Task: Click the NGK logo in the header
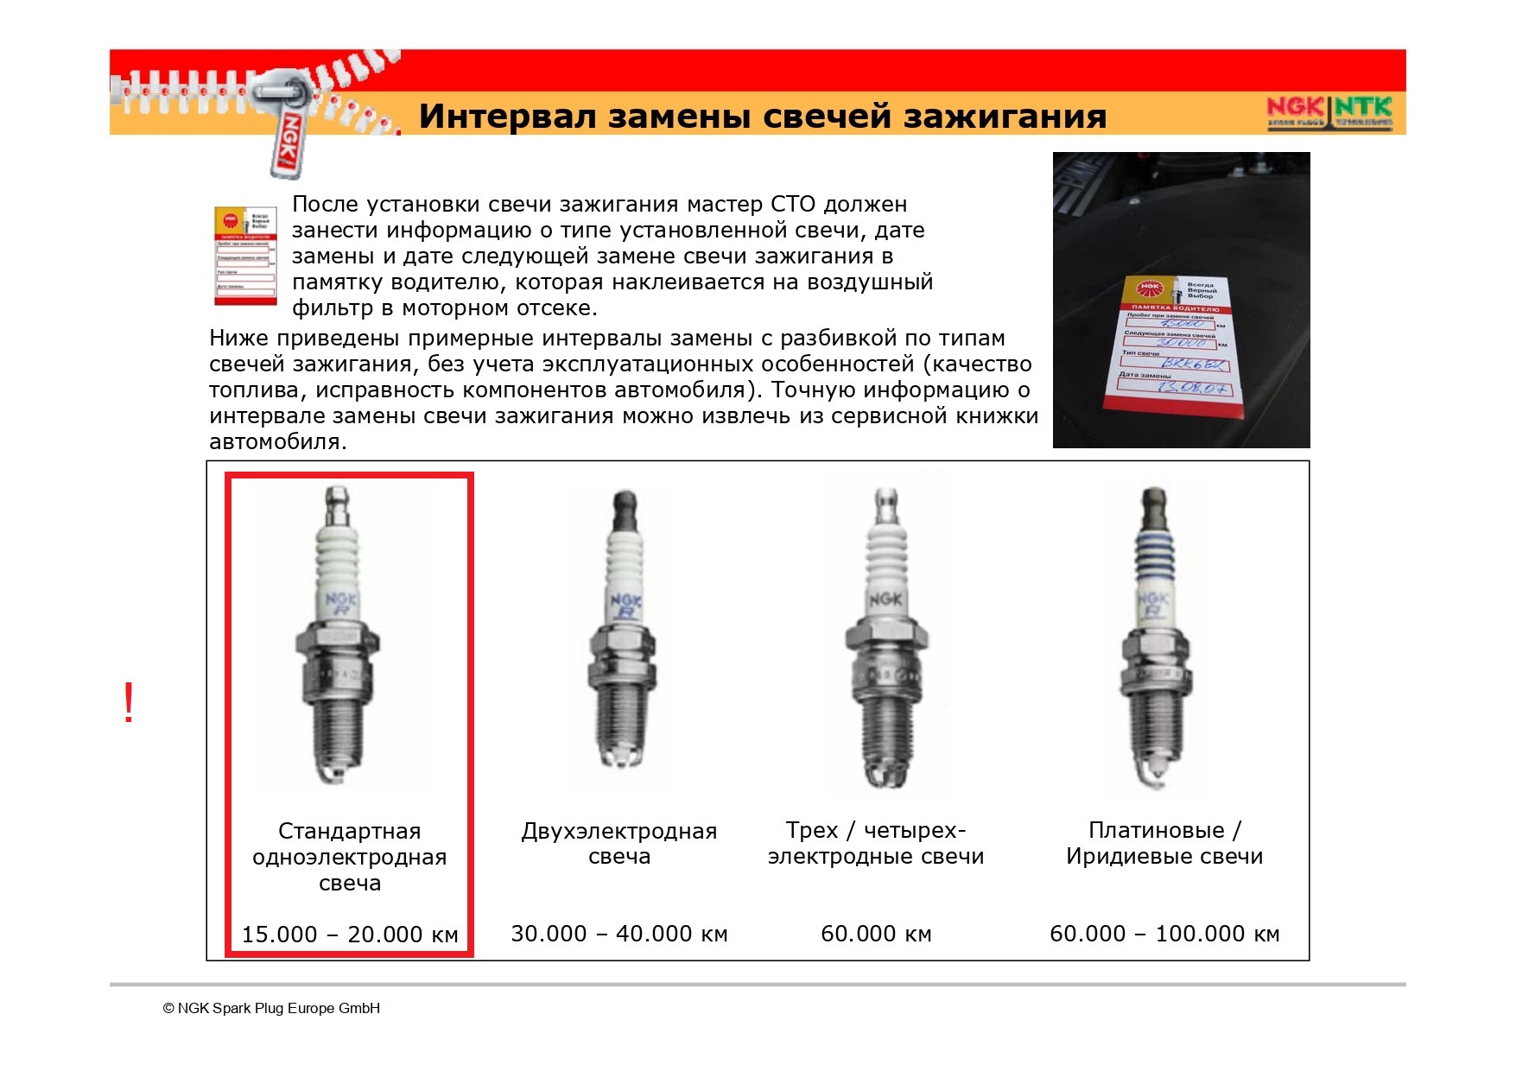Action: pyautogui.click(x=1294, y=108)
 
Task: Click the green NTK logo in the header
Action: pyautogui.click(x=1364, y=108)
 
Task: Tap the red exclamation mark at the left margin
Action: pyautogui.click(x=129, y=702)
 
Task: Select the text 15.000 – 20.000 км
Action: pyautogui.click(x=350, y=935)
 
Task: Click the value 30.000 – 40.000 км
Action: pyautogui.click(x=619, y=934)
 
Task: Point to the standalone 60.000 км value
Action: pyautogui.click(x=876, y=934)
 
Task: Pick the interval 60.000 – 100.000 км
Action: pyautogui.click(x=1164, y=934)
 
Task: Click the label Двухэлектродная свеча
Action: pyautogui.click(x=619, y=844)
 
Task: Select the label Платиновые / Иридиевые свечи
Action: pyautogui.click(x=1164, y=843)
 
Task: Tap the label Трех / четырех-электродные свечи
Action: pyautogui.click(x=876, y=843)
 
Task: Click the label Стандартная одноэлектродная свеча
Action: pyautogui.click(x=350, y=857)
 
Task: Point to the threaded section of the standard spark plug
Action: pyautogui.click(x=337, y=734)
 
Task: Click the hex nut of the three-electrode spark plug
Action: pyautogui.click(x=885, y=640)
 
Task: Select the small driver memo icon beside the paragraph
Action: pyautogui.click(x=245, y=256)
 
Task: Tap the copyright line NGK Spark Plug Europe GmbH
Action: pyautogui.click(x=271, y=1008)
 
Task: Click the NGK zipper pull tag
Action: pyautogui.click(x=287, y=138)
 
